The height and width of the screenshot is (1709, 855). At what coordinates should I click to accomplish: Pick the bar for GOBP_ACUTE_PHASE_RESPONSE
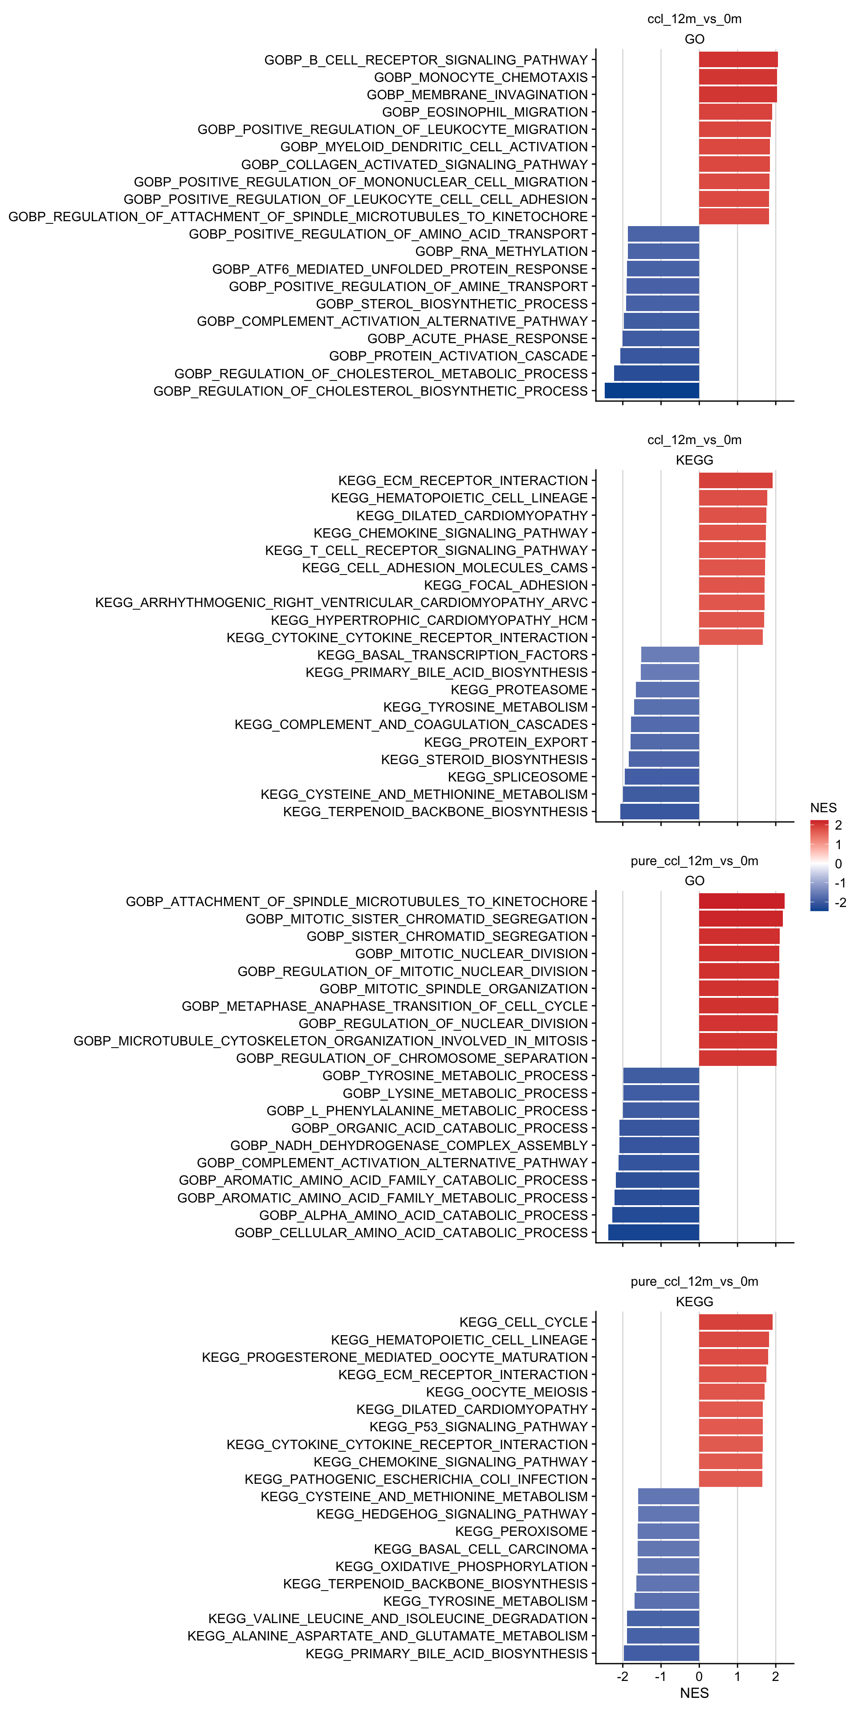click(x=660, y=338)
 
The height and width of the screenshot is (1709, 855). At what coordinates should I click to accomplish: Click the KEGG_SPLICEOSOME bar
click(x=661, y=777)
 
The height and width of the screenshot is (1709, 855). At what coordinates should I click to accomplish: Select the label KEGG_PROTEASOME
click(x=519, y=690)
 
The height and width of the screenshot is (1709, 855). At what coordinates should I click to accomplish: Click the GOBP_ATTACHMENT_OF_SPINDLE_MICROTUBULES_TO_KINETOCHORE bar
click(x=741, y=901)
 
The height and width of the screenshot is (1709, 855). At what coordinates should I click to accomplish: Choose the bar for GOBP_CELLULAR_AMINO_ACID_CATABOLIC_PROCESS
click(x=653, y=1233)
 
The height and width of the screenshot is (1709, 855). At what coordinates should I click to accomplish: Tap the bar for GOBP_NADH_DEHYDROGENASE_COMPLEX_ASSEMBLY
click(x=659, y=1145)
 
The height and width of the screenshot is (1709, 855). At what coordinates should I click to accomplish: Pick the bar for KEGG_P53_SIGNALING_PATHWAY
click(x=730, y=1426)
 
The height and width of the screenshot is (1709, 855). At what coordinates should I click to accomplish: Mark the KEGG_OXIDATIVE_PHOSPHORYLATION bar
click(x=668, y=1567)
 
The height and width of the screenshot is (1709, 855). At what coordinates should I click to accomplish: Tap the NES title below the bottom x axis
click(x=694, y=1693)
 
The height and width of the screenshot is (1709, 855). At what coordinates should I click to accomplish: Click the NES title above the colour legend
click(x=823, y=807)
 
